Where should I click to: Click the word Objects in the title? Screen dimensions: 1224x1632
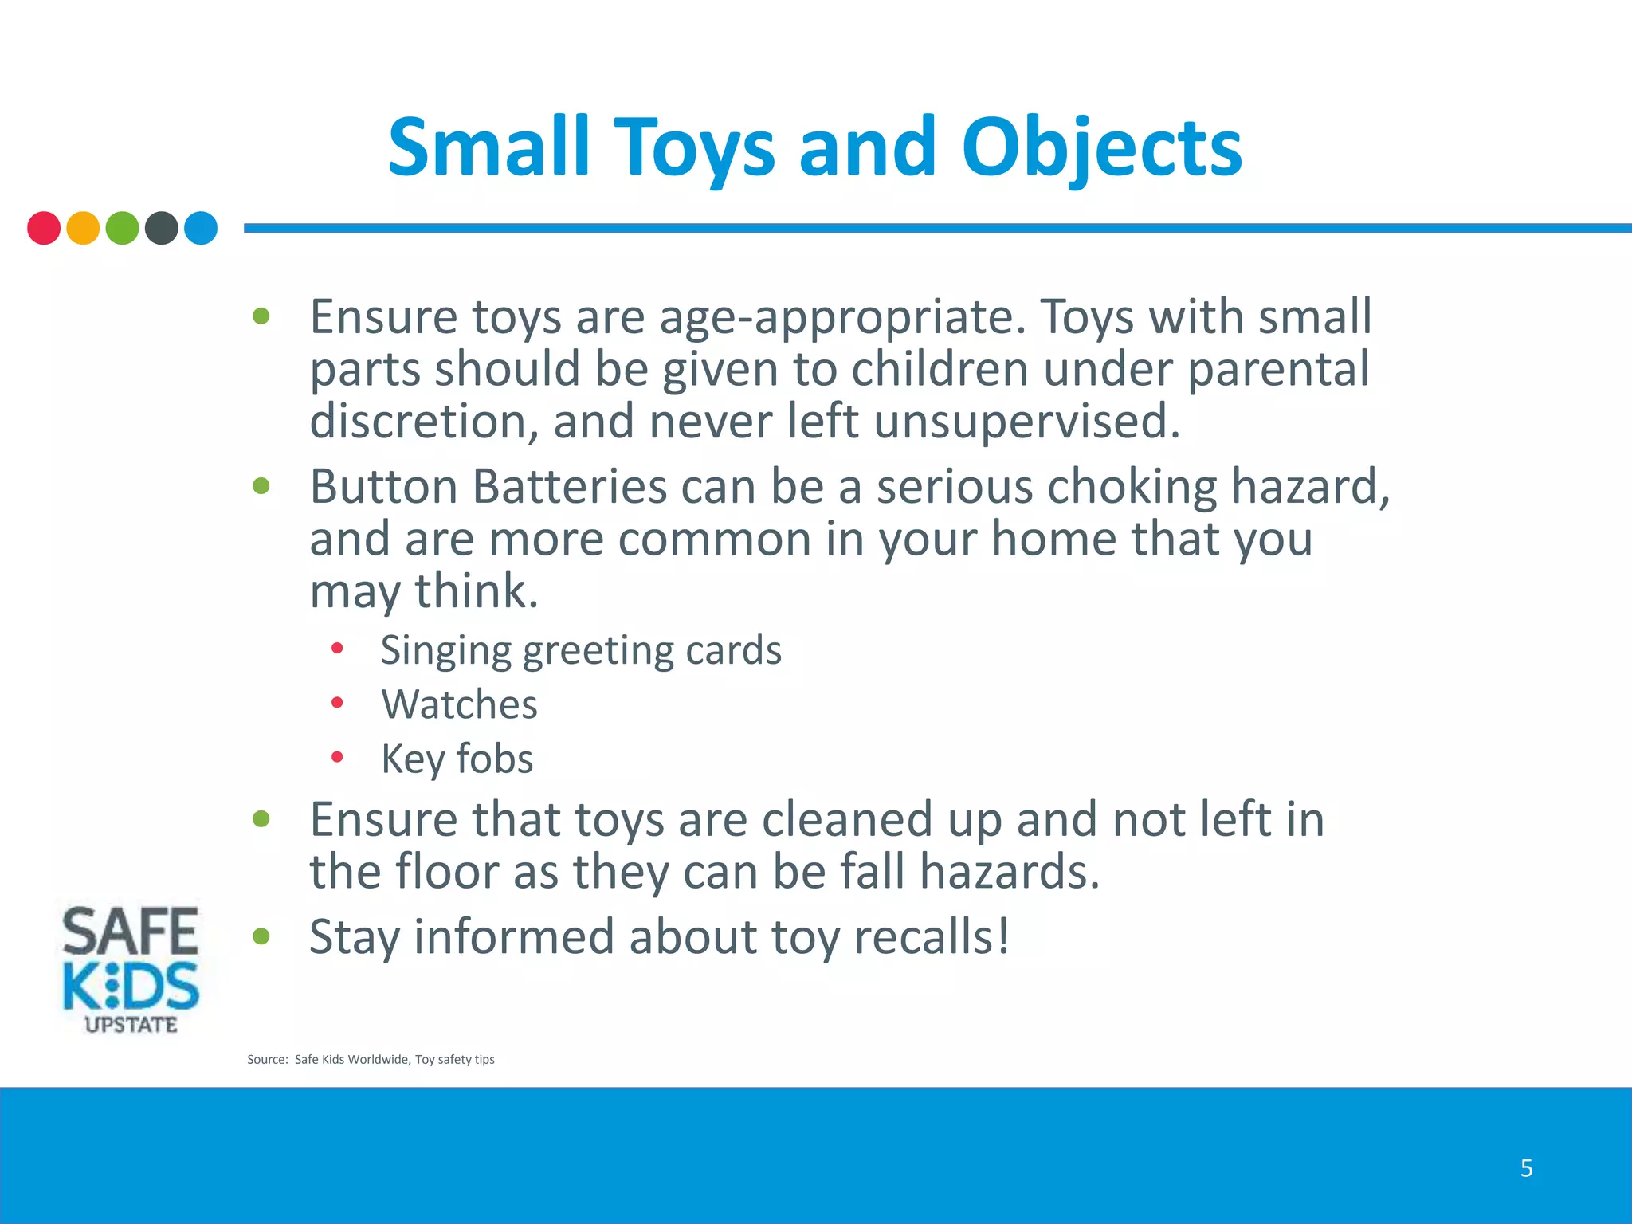[x=1101, y=148]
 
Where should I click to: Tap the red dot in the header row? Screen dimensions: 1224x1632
[x=44, y=228]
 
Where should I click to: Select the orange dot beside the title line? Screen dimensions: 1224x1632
[x=83, y=228]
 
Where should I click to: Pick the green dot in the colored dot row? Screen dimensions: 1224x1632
[x=122, y=228]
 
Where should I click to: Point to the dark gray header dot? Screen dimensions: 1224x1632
[x=162, y=228]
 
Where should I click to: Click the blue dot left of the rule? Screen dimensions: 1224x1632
[x=201, y=228]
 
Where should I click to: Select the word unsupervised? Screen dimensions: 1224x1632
[x=1026, y=422]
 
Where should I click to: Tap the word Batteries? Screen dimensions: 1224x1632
[x=570, y=487]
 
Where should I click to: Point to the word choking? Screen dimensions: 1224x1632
[x=1132, y=487]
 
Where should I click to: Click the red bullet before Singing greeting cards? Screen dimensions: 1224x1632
[x=337, y=649]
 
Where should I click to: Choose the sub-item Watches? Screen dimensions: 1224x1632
[x=460, y=704]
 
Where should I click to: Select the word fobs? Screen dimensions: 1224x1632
[x=494, y=759]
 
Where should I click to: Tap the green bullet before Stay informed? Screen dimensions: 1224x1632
[x=261, y=936]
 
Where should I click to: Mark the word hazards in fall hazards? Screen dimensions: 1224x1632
[x=1010, y=871]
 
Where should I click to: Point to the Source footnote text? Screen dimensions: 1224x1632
[x=371, y=1059]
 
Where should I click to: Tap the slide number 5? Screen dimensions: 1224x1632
[x=1526, y=1168]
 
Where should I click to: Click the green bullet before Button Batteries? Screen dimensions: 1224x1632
[x=261, y=485]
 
